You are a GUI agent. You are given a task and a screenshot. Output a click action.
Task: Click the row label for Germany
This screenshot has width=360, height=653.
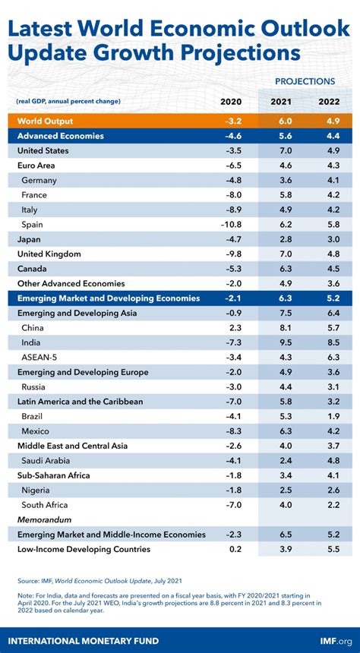(x=39, y=180)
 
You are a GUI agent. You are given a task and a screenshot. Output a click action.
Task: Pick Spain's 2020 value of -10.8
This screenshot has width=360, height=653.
(x=231, y=224)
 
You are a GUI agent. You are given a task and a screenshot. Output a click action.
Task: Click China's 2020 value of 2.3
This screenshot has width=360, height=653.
(x=234, y=327)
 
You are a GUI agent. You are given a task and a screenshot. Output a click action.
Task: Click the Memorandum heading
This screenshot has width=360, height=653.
(x=44, y=519)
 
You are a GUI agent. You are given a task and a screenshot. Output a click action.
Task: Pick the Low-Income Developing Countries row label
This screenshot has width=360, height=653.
(x=84, y=549)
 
